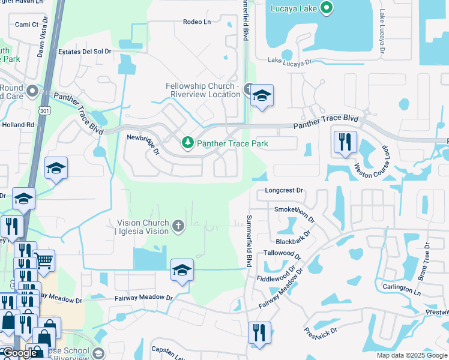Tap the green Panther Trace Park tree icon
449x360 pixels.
click(188, 142)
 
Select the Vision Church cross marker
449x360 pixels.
click(178, 226)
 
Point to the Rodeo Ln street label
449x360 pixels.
click(197, 22)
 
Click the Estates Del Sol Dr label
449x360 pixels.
click(85, 52)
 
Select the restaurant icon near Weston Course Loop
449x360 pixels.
click(345, 142)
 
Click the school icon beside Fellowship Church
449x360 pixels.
click(262, 95)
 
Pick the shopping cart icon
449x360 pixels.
click(44, 261)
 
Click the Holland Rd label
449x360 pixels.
click(18, 125)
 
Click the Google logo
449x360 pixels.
click(20, 353)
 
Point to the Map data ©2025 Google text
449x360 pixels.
click(411, 355)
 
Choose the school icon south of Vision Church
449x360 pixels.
click(182, 271)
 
